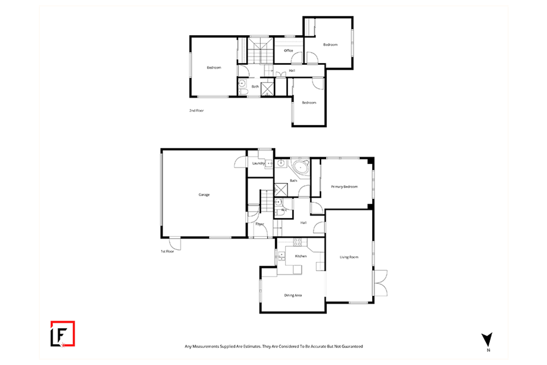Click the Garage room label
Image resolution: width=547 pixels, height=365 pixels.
click(x=204, y=195)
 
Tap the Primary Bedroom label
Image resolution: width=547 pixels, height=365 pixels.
click(x=344, y=187)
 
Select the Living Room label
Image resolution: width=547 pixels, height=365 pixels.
click(x=349, y=257)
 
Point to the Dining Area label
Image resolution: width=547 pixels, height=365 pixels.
click(x=293, y=295)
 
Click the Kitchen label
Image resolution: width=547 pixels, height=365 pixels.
click(x=301, y=256)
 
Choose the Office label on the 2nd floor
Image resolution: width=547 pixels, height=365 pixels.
click(x=288, y=50)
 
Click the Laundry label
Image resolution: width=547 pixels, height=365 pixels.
click(x=259, y=163)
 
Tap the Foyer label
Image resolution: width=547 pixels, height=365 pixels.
click(x=259, y=224)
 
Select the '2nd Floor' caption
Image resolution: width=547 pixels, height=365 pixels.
click(x=197, y=110)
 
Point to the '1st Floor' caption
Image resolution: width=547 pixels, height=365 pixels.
click(x=167, y=251)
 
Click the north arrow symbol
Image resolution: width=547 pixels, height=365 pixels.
click(x=487, y=340)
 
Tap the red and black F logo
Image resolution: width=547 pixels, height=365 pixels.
click(x=63, y=334)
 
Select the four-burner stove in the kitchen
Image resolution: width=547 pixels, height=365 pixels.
click(x=297, y=242)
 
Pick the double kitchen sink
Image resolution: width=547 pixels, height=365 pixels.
click(x=282, y=256)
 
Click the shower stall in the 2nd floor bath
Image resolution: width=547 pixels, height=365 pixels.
click(x=268, y=89)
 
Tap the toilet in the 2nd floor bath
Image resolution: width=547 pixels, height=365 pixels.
click(x=243, y=92)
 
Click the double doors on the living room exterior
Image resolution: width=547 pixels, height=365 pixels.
click(x=380, y=283)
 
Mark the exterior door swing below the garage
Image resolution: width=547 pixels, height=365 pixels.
click(x=175, y=244)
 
